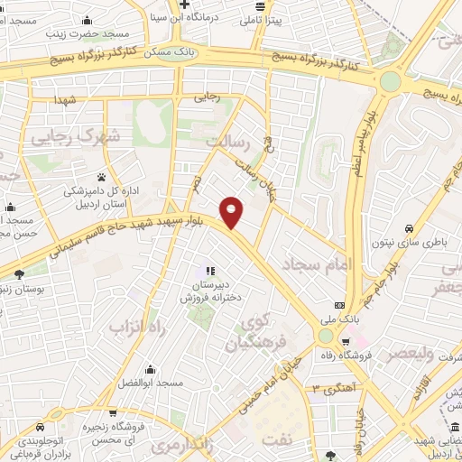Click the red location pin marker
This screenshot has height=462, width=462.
(x=232, y=211)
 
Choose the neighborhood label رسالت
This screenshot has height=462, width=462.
(x=226, y=143)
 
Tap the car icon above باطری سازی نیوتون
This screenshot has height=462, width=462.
(x=410, y=227)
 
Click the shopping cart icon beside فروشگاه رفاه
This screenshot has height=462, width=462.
(x=346, y=341)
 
